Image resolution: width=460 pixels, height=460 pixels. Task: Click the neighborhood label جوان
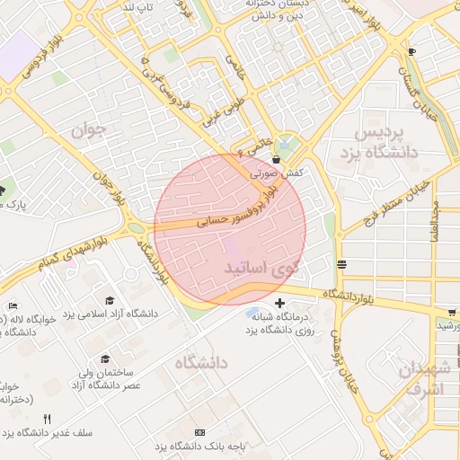[89, 129]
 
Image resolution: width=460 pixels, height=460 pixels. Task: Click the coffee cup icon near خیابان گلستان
[411, 51]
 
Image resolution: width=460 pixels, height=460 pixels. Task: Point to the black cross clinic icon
[281, 303]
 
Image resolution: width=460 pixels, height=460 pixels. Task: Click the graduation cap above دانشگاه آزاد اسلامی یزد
[110, 300]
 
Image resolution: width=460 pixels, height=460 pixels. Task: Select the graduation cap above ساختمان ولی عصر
[105, 358]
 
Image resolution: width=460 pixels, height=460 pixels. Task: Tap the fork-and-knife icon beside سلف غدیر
[48, 419]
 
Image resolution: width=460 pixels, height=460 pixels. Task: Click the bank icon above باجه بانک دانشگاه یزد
[199, 433]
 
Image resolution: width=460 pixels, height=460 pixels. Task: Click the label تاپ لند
[138, 8]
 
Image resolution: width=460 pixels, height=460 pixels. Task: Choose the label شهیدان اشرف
[424, 378]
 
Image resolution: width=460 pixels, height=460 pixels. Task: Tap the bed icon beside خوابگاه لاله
[13, 306]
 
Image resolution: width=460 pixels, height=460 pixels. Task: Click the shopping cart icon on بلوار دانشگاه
[451, 312]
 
